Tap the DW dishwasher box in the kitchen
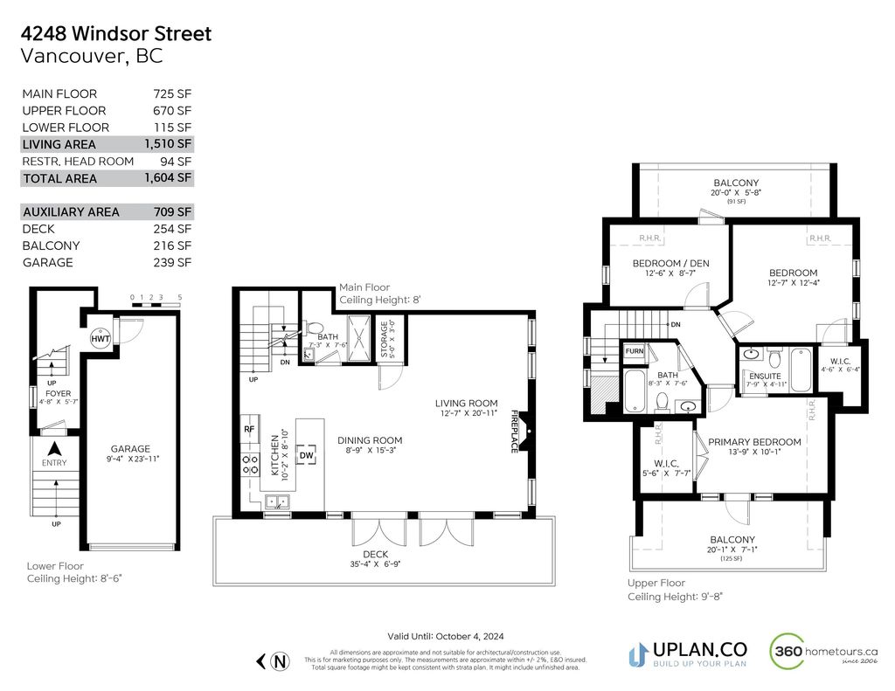coord(306,454)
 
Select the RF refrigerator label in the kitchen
coord(248,429)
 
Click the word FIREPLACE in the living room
coord(515,431)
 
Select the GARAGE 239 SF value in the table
coord(172,262)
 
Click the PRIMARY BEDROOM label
coord(754,442)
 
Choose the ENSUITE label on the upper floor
coord(765,377)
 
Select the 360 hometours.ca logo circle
coord(787,652)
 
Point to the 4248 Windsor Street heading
coord(115,34)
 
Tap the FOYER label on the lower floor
coord(58,394)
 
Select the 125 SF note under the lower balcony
coord(732,558)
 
